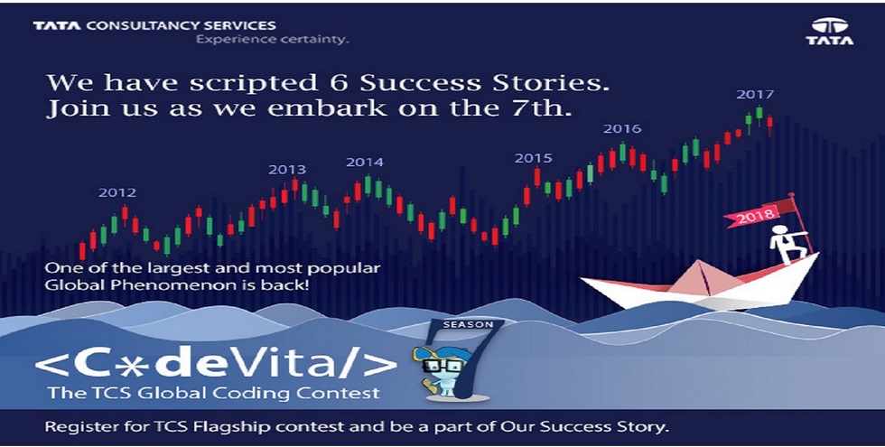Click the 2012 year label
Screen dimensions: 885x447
[x=117, y=193]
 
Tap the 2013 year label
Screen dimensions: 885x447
[x=287, y=170]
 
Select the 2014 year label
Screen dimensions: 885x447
[x=365, y=163]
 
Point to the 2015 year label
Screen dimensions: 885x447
[x=534, y=159]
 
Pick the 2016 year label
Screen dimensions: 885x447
[x=622, y=128]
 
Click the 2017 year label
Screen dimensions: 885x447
[x=755, y=95]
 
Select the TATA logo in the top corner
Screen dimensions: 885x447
[x=830, y=32]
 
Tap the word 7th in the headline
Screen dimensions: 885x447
[x=543, y=107]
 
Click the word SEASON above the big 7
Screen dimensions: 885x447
[x=469, y=325]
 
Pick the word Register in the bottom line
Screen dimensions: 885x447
[x=77, y=426]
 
